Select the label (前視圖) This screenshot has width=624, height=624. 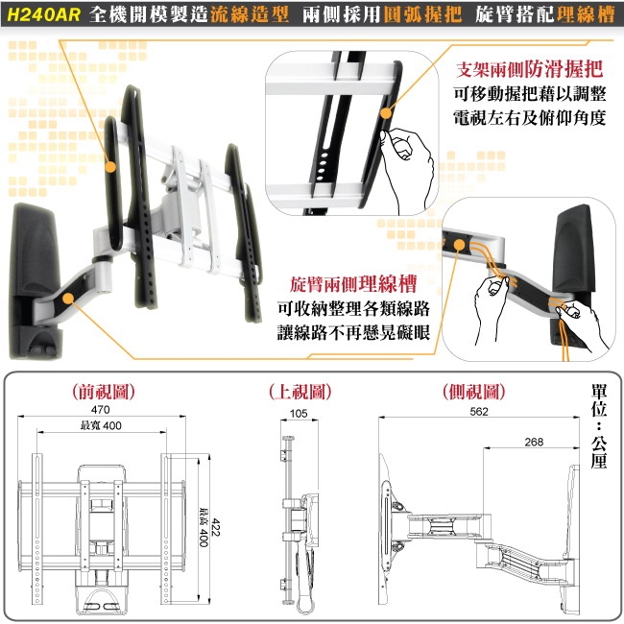(103, 392)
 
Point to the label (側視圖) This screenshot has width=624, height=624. (474, 392)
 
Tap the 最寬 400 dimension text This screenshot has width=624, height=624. (101, 426)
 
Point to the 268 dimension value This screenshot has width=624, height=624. (535, 441)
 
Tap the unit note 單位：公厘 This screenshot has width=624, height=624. (600, 427)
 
